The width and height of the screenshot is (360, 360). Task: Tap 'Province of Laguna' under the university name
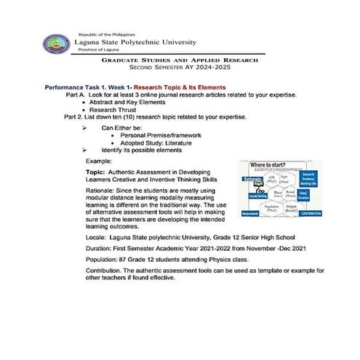(x=100, y=51)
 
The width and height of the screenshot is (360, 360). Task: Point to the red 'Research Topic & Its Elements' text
(x=169, y=87)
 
